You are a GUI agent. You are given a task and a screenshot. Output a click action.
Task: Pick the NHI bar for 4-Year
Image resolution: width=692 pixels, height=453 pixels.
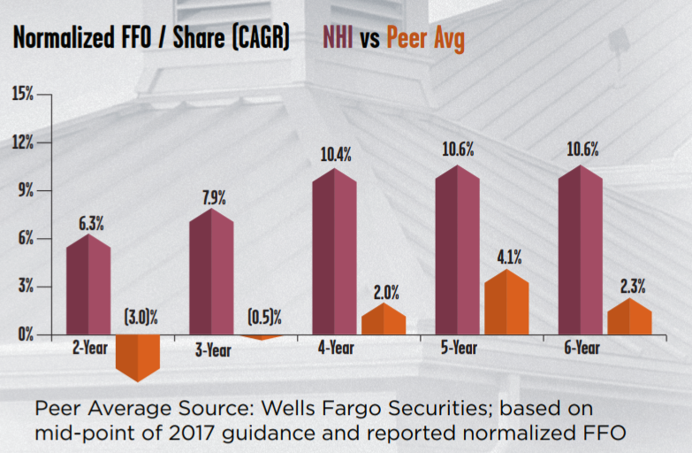coord(334,252)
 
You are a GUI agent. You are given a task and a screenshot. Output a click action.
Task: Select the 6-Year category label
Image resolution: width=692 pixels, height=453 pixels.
coord(580,349)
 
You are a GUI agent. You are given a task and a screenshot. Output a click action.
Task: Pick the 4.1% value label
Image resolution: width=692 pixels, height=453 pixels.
coord(506,257)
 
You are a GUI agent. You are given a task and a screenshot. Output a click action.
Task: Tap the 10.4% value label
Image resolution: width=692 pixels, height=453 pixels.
coord(334,155)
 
